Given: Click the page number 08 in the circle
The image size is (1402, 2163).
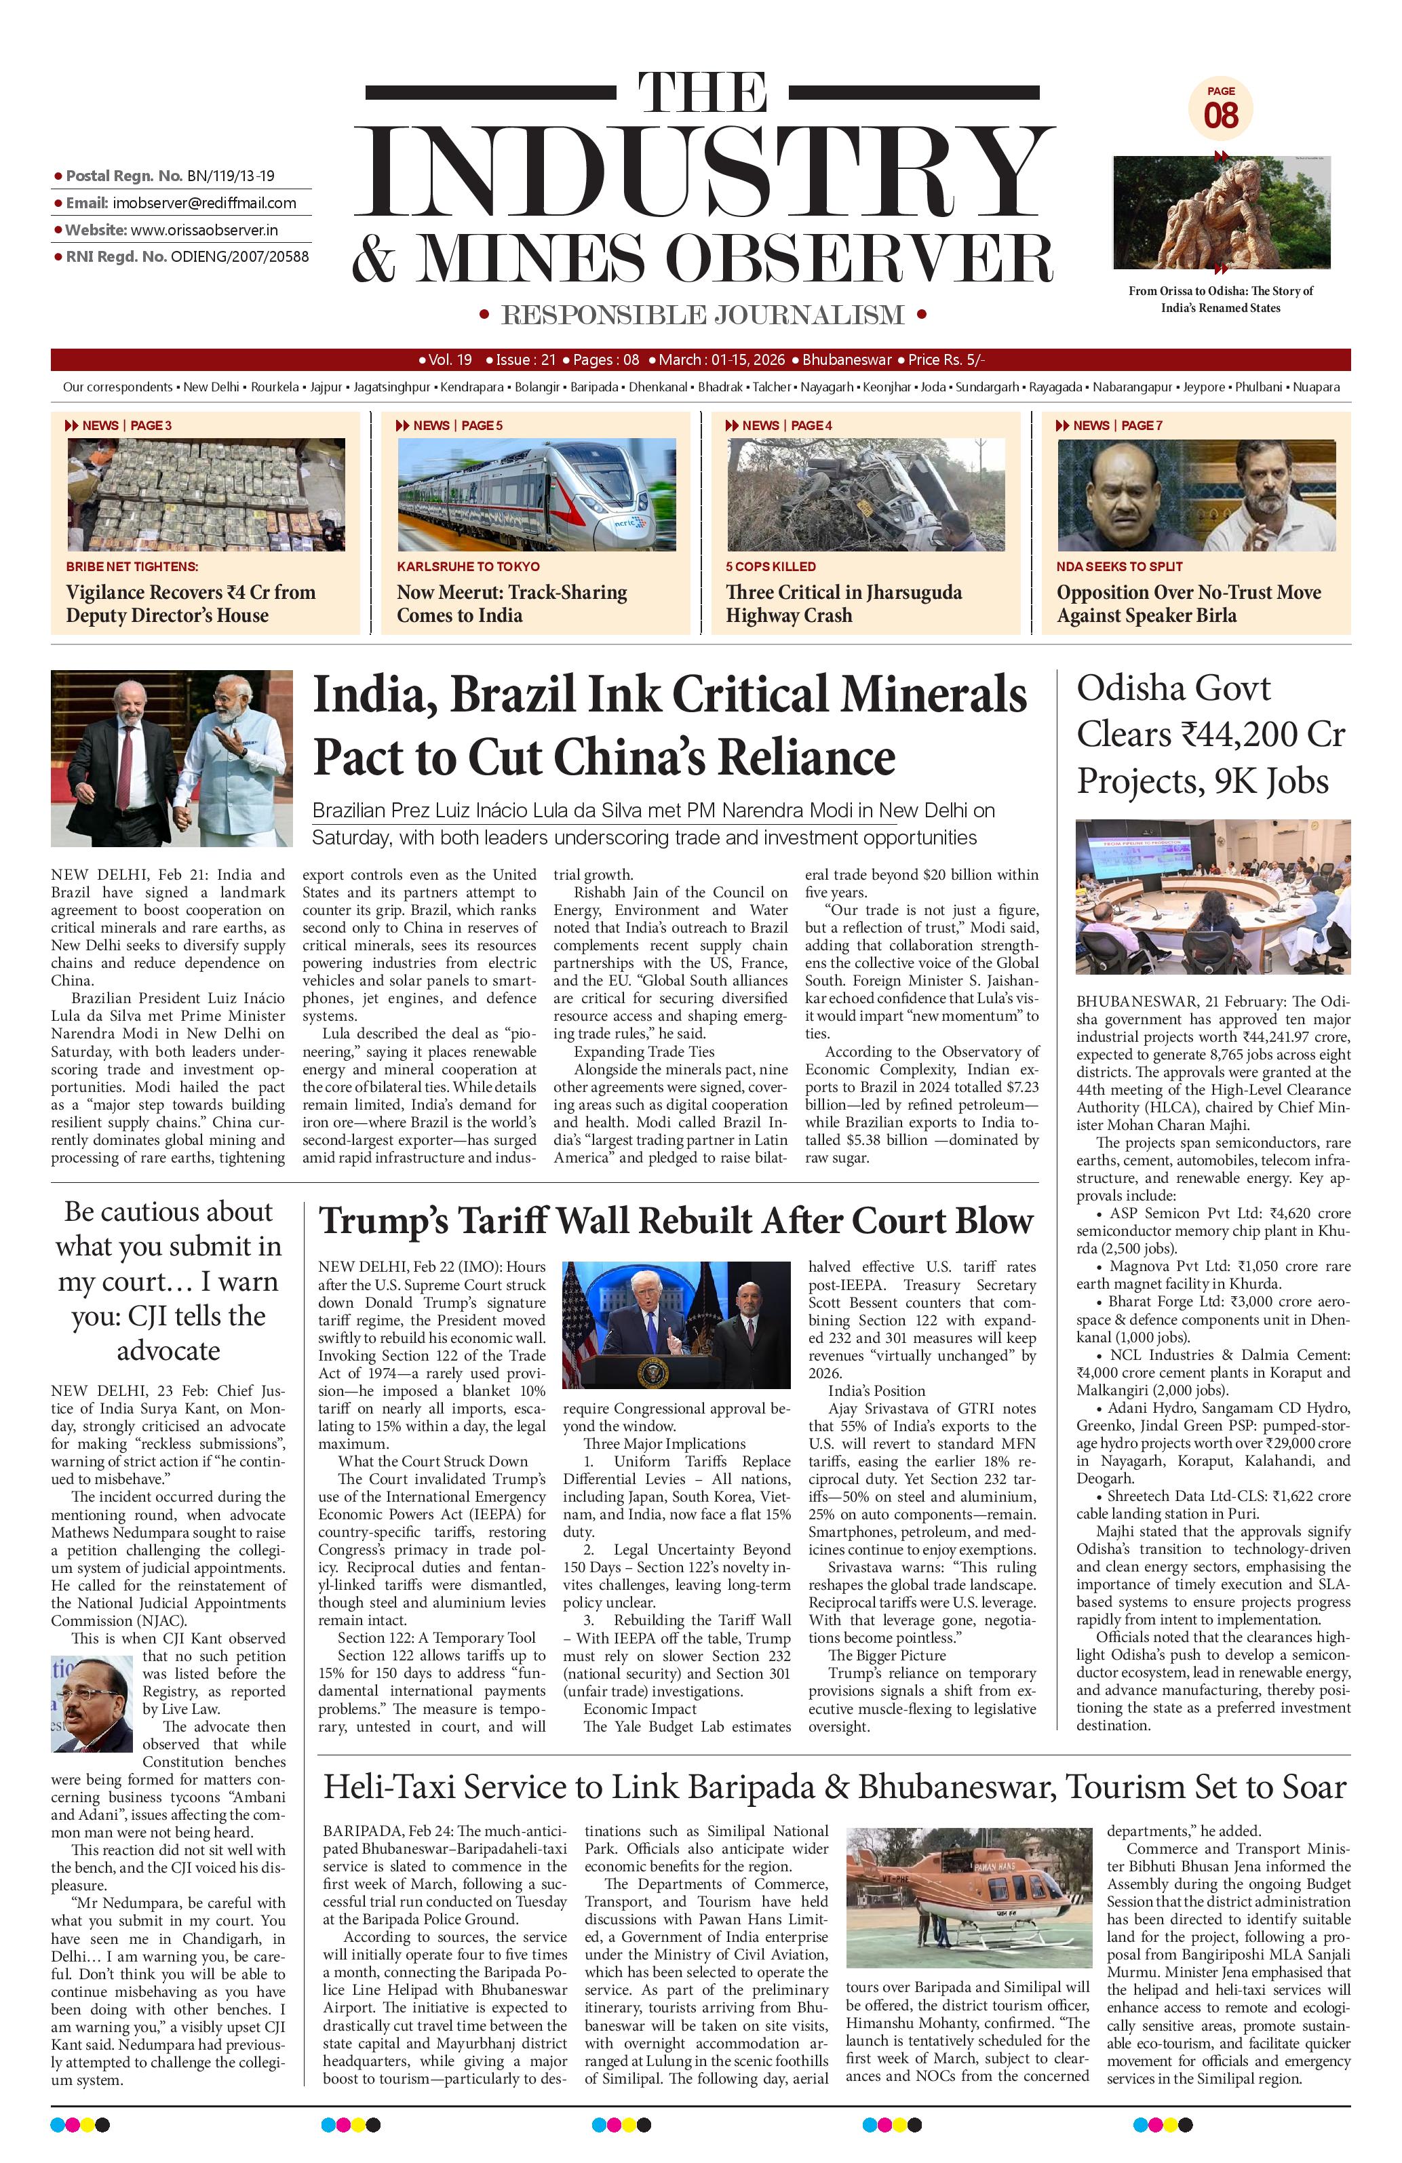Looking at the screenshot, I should [x=1220, y=115].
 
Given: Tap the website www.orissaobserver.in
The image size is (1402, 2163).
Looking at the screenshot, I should [x=203, y=230].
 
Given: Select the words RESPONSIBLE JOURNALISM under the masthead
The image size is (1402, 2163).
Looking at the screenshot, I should [x=703, y=315].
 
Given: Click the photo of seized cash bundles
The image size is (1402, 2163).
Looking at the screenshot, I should [x=206, y=494].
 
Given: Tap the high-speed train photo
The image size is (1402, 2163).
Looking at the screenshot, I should [x=536, y=494].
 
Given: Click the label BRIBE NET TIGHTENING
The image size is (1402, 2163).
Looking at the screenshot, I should [x=132, y=566].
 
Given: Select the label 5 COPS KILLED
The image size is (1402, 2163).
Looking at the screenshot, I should [x=771, y=566].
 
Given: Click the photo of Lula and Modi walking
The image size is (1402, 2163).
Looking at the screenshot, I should [x=172, y=758].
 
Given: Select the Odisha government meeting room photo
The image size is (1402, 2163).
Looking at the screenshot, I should [x=1212, y=896].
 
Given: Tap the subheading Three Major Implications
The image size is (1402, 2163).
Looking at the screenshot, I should [x=664, y=1443].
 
